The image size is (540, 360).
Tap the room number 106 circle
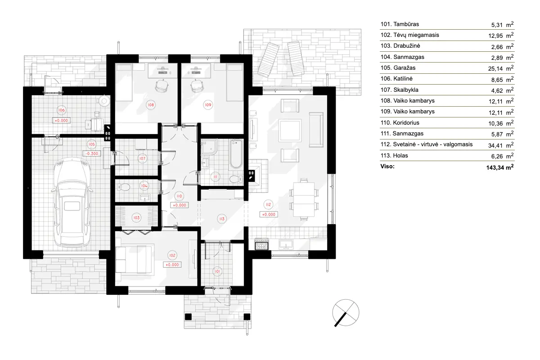pos(62,110)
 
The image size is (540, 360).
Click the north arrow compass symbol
pos(346,312)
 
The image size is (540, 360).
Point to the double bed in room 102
pos(135,259)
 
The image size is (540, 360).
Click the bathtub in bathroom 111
pos(236,153)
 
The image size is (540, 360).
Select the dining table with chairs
pos(303,198)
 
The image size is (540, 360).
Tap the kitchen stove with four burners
pos(261,245)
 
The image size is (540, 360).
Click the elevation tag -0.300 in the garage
pos(92,153)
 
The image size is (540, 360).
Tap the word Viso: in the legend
pos(388,166)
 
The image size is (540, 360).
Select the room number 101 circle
pos(217,271)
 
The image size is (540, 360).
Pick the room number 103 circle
pos(136,217)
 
